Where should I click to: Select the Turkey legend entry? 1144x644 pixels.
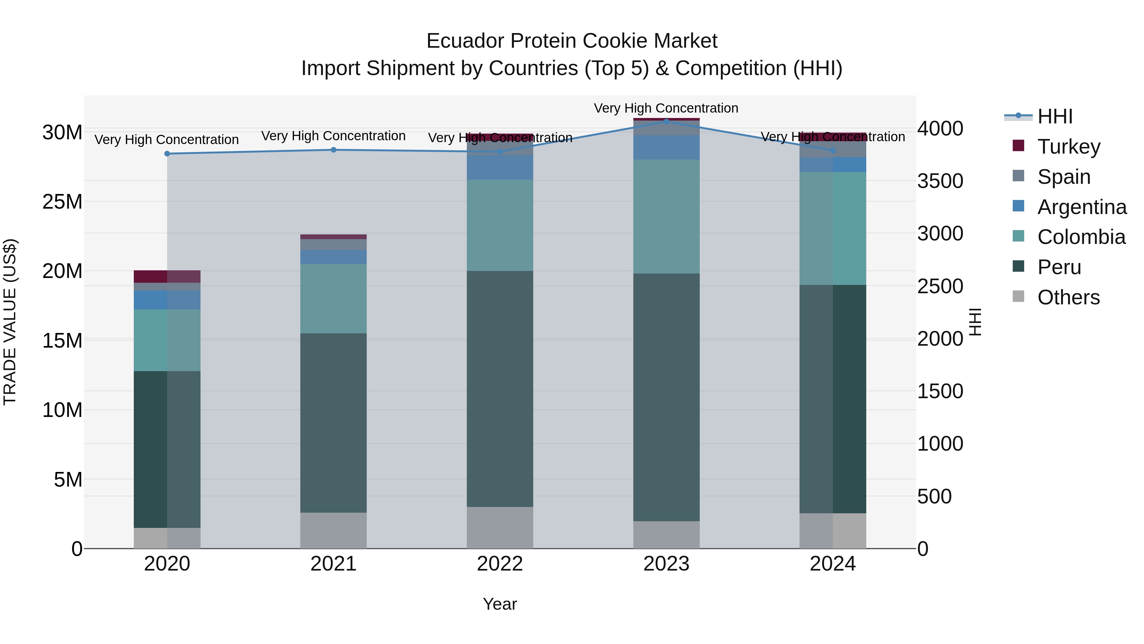coord(1068,147)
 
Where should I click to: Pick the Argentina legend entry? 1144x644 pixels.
coord(1081,207)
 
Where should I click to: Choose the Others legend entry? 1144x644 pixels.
coord(1068,297)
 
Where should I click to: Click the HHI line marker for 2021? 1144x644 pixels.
coord(334,150)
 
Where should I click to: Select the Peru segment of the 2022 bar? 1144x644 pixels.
coord(500,389)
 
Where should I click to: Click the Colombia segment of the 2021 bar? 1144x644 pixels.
coord(334,299)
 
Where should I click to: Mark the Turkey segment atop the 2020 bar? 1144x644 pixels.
coord(167,276)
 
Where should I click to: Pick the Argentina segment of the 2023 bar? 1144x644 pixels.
coord(666,148)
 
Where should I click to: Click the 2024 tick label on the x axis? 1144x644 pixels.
coord(832,564)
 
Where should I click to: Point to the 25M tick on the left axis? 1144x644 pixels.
coord(62,202)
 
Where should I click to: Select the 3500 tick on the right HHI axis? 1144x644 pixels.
coord(940,181)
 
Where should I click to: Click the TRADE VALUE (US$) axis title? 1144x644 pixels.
coord(10,322)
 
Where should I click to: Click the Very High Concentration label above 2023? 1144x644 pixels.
coord(666,108)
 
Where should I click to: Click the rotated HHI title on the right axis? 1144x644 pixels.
coord(975,322)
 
